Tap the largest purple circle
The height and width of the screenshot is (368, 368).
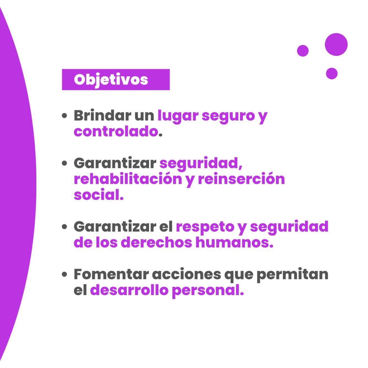point(336,45)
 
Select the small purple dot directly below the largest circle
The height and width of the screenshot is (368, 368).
point(332,74)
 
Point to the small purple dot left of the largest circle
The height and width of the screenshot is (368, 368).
point(303,51)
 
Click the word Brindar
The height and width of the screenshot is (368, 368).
point(102,115)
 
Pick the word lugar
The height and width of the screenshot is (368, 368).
point(178,117)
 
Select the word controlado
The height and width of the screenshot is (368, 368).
point(115,131)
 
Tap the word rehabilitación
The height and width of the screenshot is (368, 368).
point(128,179)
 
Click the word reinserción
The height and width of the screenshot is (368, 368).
point(241,179)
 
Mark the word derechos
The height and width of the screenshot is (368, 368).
point(156,242)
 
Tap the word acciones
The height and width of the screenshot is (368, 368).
point(186,274)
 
